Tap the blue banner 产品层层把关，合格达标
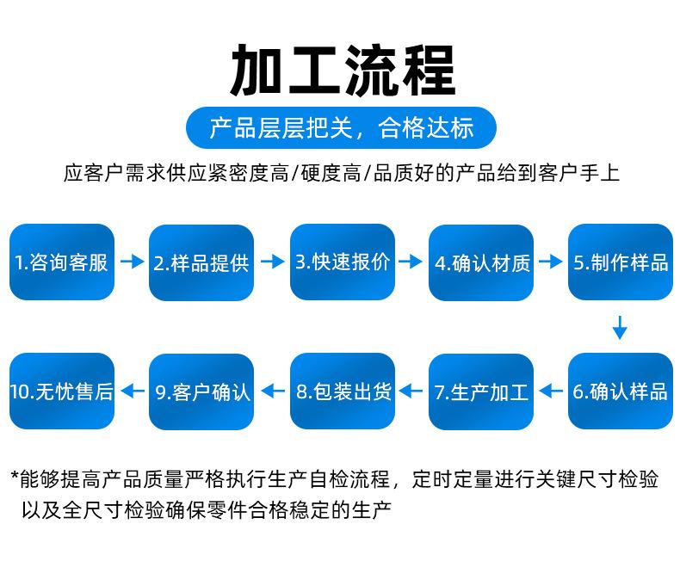pyautogui.click(x=341, y=129)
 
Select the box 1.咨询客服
pyautogui.click(x=62, y=262)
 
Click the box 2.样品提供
pyautogui.click(x=201, y=262)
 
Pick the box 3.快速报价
pyautogui.click(x=342, y=262)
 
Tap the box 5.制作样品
pyautogui.click(x=621, y=262)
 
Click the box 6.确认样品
pyautogui.click(x=621, y=391)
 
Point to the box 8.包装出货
pyautogui.click(x=342, y=391)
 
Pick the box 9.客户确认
pyautogui.click(x=201, y=391)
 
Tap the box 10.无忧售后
pyautogui.click(x=62, y=391)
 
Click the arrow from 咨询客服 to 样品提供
pyautogui.click(x=132, y=262)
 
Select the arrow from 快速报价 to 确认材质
pyautogui.click(x=411, y=262)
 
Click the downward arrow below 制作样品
pyautogui.click(x=619, y=328)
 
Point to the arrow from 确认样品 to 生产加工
pyautogui.click(x=552, y=391)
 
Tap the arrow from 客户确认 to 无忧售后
pyautogui.click(x=132, y=391)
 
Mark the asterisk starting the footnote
pyautogui.click(x=15, y=477)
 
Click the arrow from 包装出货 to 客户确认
pyautogui.click(x=272, y=391)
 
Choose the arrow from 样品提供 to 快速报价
pyautogui.click(x=272, y=262)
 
